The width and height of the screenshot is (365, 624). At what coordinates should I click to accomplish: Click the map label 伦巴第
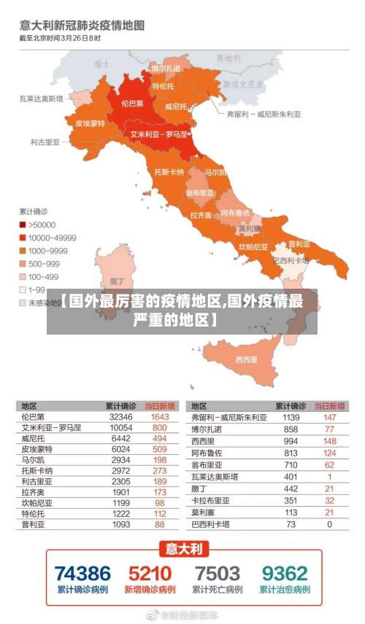[132, 104]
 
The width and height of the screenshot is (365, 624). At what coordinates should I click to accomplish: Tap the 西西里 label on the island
[247, 359]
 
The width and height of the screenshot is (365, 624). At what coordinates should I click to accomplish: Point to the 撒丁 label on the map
[116, 281]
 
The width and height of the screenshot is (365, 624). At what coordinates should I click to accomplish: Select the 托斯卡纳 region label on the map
[169, 172]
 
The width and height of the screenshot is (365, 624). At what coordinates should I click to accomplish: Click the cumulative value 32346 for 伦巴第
[120, 417]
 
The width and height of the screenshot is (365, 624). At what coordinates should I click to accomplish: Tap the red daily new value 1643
[159, 417]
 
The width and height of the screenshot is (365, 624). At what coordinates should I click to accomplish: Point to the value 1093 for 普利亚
[120, 524]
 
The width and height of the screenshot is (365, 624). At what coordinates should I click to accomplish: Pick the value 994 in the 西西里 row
[291, 441]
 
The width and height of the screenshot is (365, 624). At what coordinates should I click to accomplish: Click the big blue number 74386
[82, 573]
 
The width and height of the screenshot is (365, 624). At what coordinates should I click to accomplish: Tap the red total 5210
[150, 573]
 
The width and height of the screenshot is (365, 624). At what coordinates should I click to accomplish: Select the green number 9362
[285, 573]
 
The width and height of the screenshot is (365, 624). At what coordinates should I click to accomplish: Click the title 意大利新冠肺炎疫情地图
[82, 26]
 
